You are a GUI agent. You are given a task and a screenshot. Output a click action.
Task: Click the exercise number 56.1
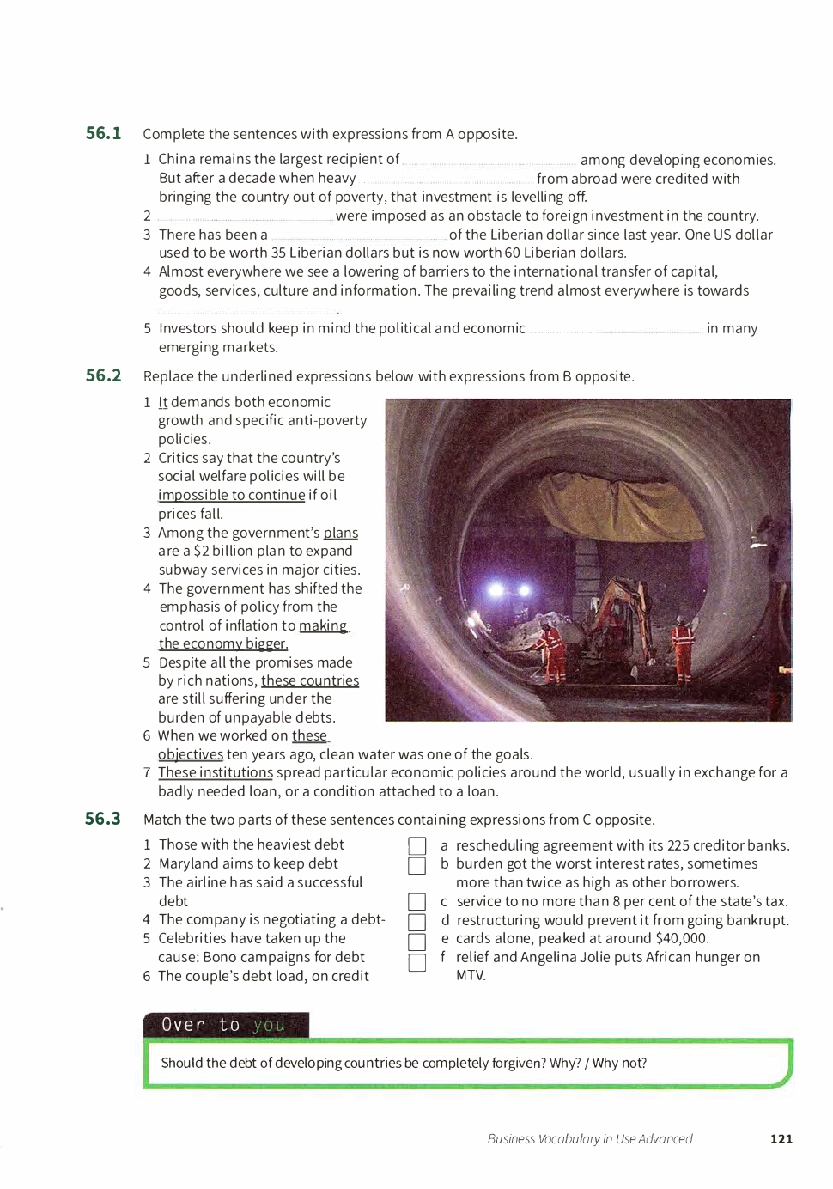pyautogui.click(x=103, y=133)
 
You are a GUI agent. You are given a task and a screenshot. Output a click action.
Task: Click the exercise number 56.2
pyautogui.click(x=103, y=375)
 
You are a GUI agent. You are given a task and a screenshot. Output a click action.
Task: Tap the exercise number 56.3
pyautogui.click(x=103, y=819)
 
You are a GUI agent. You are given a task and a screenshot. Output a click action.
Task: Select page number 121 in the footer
pyautogui.click(x=781, y=1139)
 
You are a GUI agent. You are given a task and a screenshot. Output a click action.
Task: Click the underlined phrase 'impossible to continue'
pyautogui.click(x=231, y=495)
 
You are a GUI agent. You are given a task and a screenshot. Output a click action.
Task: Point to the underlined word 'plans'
pyautogui.click(x=341, y=533)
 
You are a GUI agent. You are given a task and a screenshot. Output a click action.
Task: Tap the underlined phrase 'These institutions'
pyautogui.click(x=216, y=772)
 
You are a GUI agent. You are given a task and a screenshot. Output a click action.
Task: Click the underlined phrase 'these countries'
pyautogui.click(x=310, y=680)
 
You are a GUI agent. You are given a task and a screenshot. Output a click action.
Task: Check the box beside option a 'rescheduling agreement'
pyautogui.click(x=417, y=846)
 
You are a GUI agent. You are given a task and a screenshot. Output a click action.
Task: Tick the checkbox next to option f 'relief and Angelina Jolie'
pyautogui.click(x=417, y=962)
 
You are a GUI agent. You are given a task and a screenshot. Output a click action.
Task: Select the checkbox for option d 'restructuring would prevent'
pyautogui.click(x=417, y=922)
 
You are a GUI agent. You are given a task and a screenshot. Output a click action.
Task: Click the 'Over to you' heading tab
pyautogui.click(x=225, y=1025)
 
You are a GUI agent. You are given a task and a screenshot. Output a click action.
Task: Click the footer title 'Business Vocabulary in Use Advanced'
pyautogui.click(x=590, y=1139)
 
